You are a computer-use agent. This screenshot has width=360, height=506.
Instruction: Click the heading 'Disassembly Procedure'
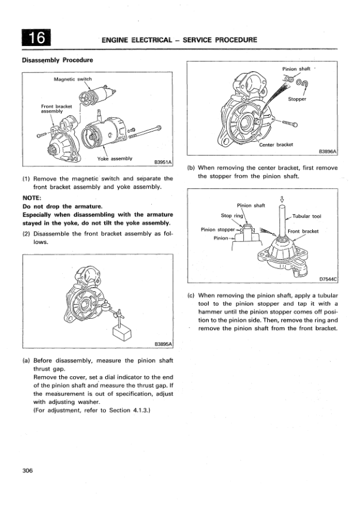[57, 60]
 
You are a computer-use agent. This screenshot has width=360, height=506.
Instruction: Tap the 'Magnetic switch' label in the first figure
[72, 79]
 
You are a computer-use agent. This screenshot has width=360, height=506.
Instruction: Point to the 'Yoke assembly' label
[115, 158]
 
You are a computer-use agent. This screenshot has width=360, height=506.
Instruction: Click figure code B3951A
[163, 162]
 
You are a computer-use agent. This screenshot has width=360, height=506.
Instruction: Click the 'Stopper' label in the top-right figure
[297, 99]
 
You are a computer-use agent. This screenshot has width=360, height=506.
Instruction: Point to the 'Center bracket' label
[276, 145]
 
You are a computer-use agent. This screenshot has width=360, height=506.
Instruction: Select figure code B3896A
[328, 151]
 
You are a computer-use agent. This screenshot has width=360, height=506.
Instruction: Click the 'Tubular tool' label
[307, 216]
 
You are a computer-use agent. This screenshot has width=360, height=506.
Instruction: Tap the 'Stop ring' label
[232, 215]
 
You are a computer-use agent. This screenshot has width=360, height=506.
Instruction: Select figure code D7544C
[328, 279]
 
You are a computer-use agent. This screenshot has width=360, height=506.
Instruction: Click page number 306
[28, 471]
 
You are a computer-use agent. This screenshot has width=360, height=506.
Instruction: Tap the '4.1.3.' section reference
[142, 410]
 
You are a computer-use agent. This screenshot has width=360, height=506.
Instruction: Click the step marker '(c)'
[191, 295]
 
